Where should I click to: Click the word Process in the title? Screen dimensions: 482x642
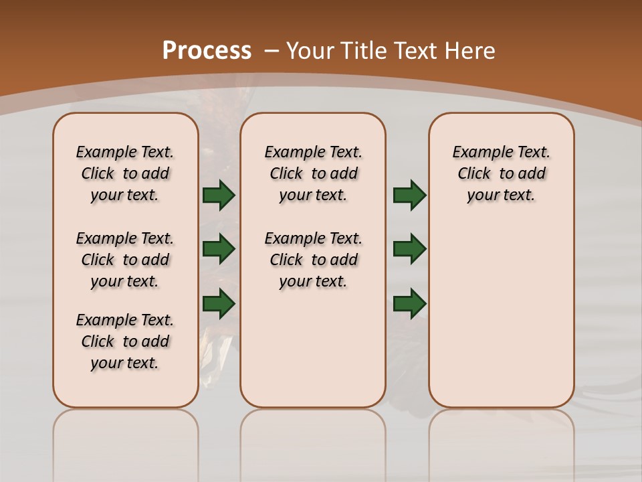pyautogui.click(x=207, y=51)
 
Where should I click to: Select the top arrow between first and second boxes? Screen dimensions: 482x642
pyautogui.click(x=218, y=195)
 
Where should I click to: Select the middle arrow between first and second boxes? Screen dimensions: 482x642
pyautogui.click(x=218, y=249)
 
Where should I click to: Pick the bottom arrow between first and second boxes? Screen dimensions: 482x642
pyautogui.click(x=218, y=304)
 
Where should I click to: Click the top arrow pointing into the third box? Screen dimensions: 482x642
pyautogui.click(x=409, y=195)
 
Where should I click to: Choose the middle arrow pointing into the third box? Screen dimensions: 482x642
pyautogui.click(x=409, y=249)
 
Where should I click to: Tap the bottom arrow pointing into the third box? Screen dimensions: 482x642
pyautogui.click(x=409, y=304)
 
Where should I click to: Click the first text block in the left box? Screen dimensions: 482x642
pyautogui.click(x=125, y=173)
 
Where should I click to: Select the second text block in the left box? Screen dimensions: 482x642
pyautogui.click(x=125, y=260)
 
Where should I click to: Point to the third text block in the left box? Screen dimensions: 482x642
pyautogui.click(x=125, y=341)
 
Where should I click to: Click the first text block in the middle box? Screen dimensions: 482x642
pyautogui.click(x=313, y=173)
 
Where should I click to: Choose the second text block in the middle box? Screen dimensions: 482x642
pyautogui.click(x=313, y=260)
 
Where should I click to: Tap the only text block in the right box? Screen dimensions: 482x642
pyautogui.click(x=501, y=173)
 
